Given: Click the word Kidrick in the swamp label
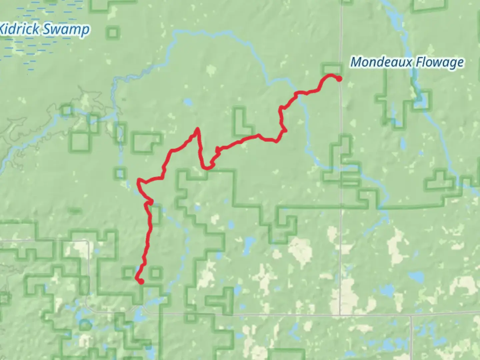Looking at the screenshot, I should pos(19,29).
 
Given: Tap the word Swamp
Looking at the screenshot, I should pos(66,30).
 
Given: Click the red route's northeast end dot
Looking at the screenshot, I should pos(339,79).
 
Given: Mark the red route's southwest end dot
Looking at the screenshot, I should pos(141,282).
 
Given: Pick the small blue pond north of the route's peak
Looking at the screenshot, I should pos(188,101).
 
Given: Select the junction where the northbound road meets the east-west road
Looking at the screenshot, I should pos(340,314).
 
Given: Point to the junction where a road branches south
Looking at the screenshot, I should pos(411,315).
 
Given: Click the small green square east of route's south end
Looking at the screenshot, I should pos(155,273).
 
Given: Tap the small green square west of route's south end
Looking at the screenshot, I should pos(128,273).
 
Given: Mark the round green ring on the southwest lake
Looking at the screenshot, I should pos(85,324).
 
